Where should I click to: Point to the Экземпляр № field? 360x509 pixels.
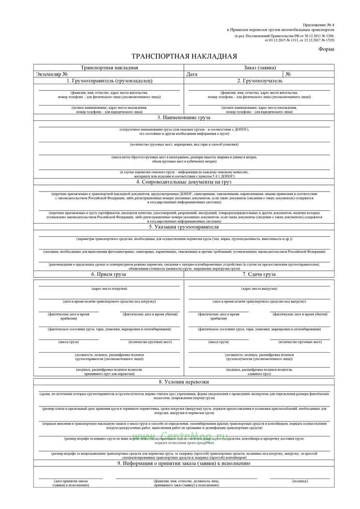52,75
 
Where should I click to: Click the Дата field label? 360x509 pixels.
192,75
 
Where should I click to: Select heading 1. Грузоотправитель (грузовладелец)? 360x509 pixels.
109,81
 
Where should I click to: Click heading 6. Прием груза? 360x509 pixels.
109,274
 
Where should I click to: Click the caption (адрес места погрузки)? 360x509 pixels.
109,289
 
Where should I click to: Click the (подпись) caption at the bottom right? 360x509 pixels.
300,481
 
